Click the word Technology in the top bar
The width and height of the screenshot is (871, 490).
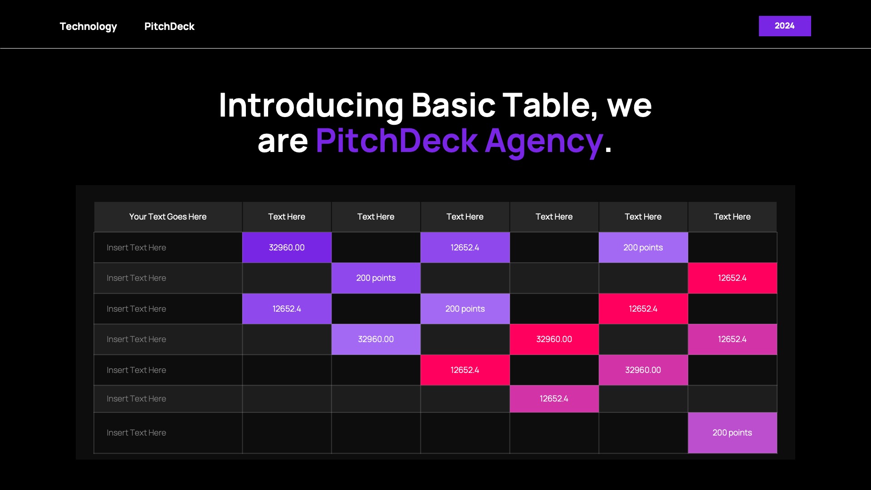coord(88,27)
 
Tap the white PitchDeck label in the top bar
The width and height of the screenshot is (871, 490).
coord(169,26)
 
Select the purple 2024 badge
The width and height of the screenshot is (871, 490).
coord(785,26)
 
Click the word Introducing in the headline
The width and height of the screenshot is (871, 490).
coord(311,106)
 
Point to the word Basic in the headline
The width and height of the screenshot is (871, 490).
coord(453,105)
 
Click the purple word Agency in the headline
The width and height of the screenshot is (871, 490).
coord(544,142)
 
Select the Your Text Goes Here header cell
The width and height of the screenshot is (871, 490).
coord(168,217)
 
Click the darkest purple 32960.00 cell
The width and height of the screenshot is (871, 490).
coord(287,248)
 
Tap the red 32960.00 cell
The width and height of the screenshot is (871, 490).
coord(554,339)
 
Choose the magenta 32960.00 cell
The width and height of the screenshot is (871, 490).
coord(643,370)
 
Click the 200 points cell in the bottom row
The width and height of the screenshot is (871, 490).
coord(732,433)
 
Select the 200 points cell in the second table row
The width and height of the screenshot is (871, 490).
coord(376,278)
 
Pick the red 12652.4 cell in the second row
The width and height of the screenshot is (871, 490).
coord(732,278)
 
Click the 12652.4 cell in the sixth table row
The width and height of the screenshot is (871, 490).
coord(554,399)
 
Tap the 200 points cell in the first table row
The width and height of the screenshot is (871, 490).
coord(643,248)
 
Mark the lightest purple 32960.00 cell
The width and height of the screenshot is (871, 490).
coord(376,339)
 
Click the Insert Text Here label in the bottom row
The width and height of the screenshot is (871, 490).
coord(136,433)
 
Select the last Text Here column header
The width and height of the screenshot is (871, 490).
coord(732,217)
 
